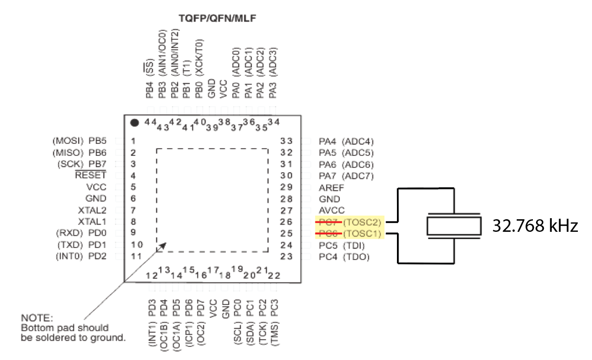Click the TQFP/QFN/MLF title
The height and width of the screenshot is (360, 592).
tap(217, 19)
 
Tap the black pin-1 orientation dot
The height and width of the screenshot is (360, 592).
tap(134, 123)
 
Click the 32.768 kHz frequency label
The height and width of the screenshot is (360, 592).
tap(535, 226)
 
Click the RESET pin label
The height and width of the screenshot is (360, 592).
tap(90, 176)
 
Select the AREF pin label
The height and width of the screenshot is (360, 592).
tap(329, 187)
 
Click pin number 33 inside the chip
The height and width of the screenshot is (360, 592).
tap(286, 141)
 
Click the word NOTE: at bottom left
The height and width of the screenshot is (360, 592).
tap(37, 318)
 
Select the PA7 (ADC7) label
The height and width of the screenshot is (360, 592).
tap(346, 176)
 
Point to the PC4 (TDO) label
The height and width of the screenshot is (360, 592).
tap(344, 256)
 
